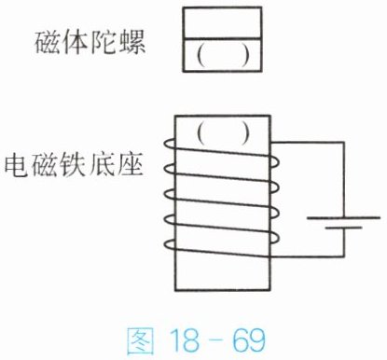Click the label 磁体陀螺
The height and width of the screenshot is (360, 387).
point(90,43)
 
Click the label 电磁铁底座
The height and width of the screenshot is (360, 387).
point(74,164)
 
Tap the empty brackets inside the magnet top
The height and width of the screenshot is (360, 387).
point(223,56)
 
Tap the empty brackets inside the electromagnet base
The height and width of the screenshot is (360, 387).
point(223,133)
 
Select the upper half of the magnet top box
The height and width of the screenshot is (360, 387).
point(222,22)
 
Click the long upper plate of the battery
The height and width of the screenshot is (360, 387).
point(343,217)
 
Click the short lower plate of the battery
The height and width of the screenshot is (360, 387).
point(343,228)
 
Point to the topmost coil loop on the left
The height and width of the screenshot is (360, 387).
point(170,144)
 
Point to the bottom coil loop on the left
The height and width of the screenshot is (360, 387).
point(170,244)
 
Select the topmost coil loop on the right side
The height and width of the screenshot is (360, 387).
point(275,162)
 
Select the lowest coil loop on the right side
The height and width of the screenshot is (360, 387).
point(275,238)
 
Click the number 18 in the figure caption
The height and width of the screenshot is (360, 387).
point(185,339)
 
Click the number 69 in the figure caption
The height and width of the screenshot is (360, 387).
point(249,339)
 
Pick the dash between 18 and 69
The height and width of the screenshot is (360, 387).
point(216,341)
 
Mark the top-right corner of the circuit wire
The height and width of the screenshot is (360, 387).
point(343,143)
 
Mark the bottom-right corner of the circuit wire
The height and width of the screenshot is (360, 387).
point(343,256)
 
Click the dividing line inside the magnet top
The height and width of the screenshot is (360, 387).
point(222,39)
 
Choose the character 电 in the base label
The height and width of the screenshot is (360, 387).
point(16,164)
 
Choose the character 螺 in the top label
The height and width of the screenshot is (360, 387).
point(132,43)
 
